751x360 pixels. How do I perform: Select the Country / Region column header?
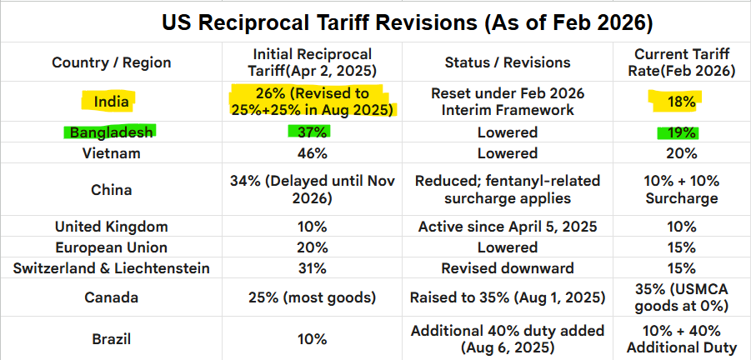pos(112,62)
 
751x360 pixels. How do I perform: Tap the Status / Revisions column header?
pos(508,62)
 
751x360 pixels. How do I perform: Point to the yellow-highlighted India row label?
pos(112,102)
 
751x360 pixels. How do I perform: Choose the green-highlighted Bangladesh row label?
pos(112,132)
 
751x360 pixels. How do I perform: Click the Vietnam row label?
pos(112,153)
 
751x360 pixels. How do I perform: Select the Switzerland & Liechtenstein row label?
pos(112,268)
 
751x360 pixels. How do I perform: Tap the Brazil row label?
pos(112,340)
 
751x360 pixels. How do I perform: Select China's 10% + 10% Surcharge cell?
pos(681,190)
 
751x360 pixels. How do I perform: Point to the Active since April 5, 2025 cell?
pos(508,227)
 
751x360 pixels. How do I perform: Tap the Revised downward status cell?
pos(508,268)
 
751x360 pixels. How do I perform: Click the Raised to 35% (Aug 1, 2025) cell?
pos(508,298)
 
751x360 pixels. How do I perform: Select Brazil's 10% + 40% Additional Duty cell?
pos(681,340)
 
